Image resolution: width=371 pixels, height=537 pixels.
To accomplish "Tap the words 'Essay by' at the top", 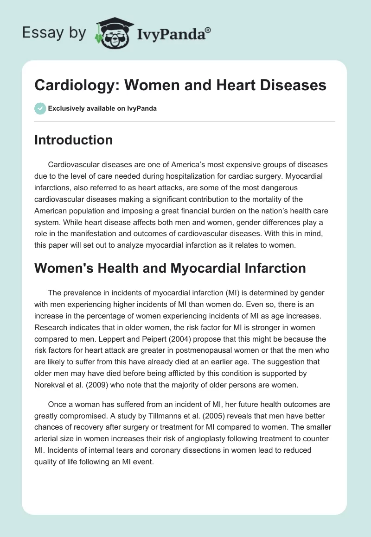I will [x=55, y=33].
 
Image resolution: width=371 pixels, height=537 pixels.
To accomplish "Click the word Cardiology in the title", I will [x=73, y=86].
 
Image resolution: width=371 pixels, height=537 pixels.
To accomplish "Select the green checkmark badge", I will [x=40, y=108].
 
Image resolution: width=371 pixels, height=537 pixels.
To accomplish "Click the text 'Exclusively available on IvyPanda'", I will [x=102, y=109].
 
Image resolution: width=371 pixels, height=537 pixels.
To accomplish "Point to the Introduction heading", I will [x=73, y=140].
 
